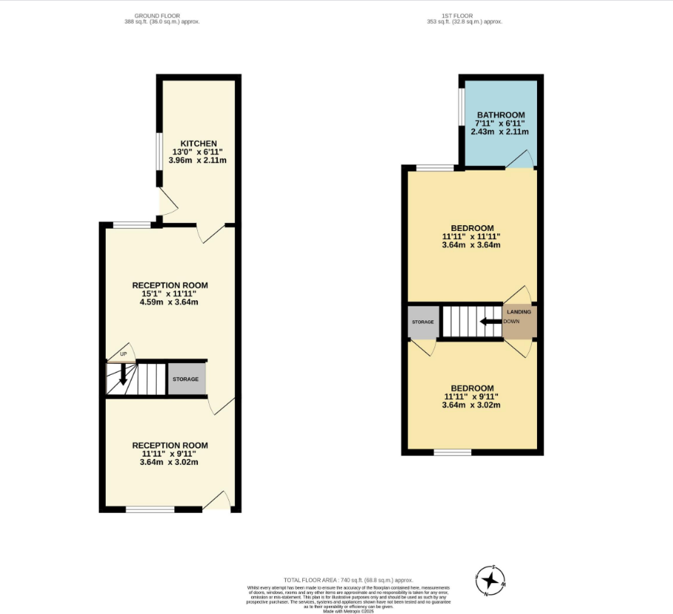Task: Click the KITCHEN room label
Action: coord(199,143)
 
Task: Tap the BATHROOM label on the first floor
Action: coord(500,115)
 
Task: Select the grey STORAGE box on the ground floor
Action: coord(186,379)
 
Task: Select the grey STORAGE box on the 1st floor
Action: coord(423,322)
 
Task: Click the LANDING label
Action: coord(519,312)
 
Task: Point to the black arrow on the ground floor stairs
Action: coord(123,376)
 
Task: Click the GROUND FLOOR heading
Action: coord(162,15)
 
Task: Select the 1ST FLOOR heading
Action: coord(464,15)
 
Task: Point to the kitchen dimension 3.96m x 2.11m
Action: coord(199,160)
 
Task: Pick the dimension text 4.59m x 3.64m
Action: coord(170,302)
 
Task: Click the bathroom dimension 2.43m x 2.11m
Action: coord(500,132)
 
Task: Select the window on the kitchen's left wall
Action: coord(159,151)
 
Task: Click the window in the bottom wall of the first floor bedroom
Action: coord(452,452)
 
